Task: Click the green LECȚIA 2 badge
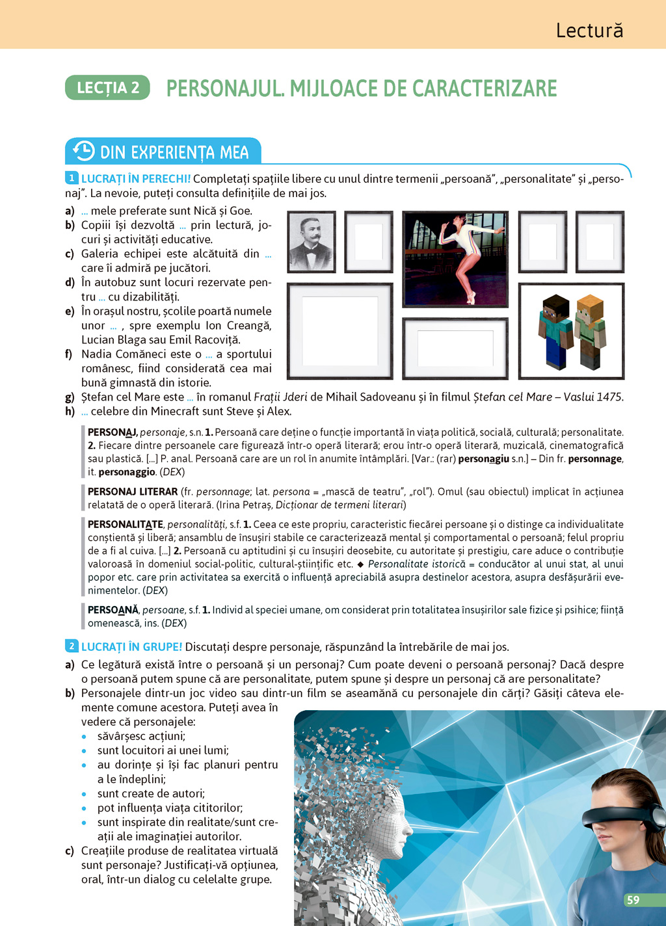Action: point(107,88)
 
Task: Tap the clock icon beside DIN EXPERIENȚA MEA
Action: point(83,151)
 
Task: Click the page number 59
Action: point(633,900)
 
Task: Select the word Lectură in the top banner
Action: point(589,31)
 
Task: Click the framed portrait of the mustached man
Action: point(312,242)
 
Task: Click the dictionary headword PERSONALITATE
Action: point(126,524)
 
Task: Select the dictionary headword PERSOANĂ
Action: point(113,610)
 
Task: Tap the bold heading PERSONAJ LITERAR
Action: point(133,492)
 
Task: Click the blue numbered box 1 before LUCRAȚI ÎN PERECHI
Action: point(72,178)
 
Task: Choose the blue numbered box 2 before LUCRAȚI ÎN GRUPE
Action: point(72,646)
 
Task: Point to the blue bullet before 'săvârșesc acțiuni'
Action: point(84,737)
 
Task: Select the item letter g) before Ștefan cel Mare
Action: point(70,397)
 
